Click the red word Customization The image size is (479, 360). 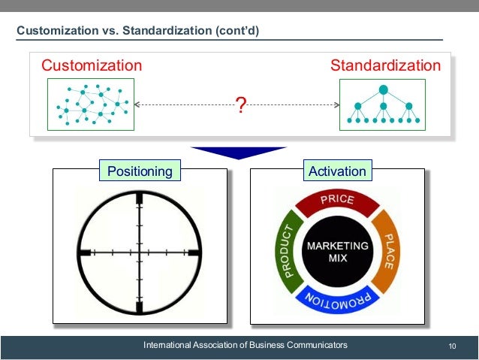pos(91,65)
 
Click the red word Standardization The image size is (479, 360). pos(386,65)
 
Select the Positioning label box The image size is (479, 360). pos(140,171)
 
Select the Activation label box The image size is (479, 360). pos(337,171)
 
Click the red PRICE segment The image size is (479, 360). pos(337,201)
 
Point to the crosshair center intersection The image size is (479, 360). pos(140,253)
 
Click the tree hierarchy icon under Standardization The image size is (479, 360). pos(383,105)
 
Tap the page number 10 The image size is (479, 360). pos(452,346)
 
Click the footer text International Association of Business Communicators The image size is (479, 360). pos(246,345)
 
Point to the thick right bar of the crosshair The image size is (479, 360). pos(193,253)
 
